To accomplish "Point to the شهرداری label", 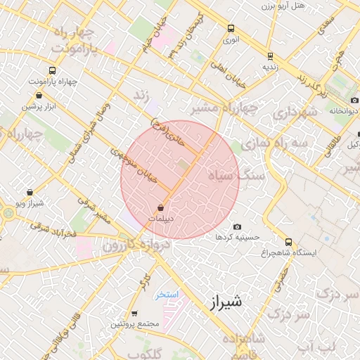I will click(x=296, y=113).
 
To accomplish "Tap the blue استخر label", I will click(x=166, y=293).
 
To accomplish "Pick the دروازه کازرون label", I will click(x=136, y=245).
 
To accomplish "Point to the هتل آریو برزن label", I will click(x=319, y=6).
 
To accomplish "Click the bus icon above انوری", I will click(x=231, y=29).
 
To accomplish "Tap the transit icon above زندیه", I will click(x=270, y=56).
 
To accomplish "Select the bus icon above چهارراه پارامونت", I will click(x=52, y=70).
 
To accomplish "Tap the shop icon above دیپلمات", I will click(x=162, y=207).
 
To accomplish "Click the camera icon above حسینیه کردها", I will click(x=237, y=226).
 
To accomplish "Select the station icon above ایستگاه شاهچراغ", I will click(x=289, y=241).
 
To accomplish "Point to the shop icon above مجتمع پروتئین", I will click(x=134, y=314).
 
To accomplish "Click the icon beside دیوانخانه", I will click(x=331, y=99).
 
